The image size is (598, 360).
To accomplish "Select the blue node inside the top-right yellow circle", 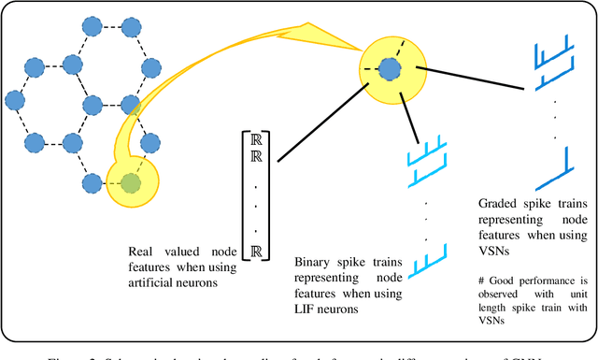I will [x=390, y=68].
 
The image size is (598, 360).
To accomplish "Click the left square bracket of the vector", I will [x=243, y=196].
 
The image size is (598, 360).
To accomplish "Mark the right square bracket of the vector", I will [x=269, y=196].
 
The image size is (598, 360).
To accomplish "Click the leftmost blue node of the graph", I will [x=14, y=98].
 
